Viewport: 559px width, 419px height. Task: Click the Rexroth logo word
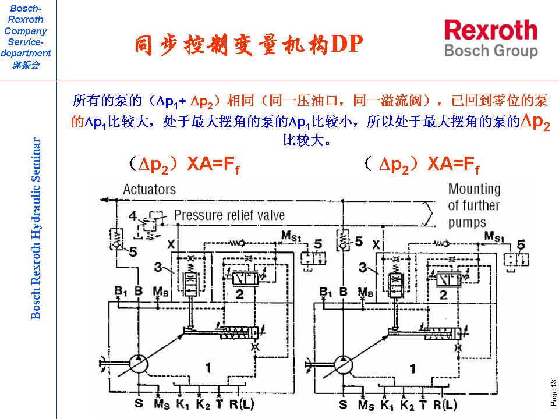491,30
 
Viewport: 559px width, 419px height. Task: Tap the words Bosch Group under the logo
491,51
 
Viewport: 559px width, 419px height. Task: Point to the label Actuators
149,189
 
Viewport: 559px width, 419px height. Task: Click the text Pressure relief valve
229,215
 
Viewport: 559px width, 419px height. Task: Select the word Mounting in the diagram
474,189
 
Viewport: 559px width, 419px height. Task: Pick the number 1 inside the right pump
412,368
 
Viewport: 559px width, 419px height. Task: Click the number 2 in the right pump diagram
443,295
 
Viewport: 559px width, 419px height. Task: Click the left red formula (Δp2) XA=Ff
185,165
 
